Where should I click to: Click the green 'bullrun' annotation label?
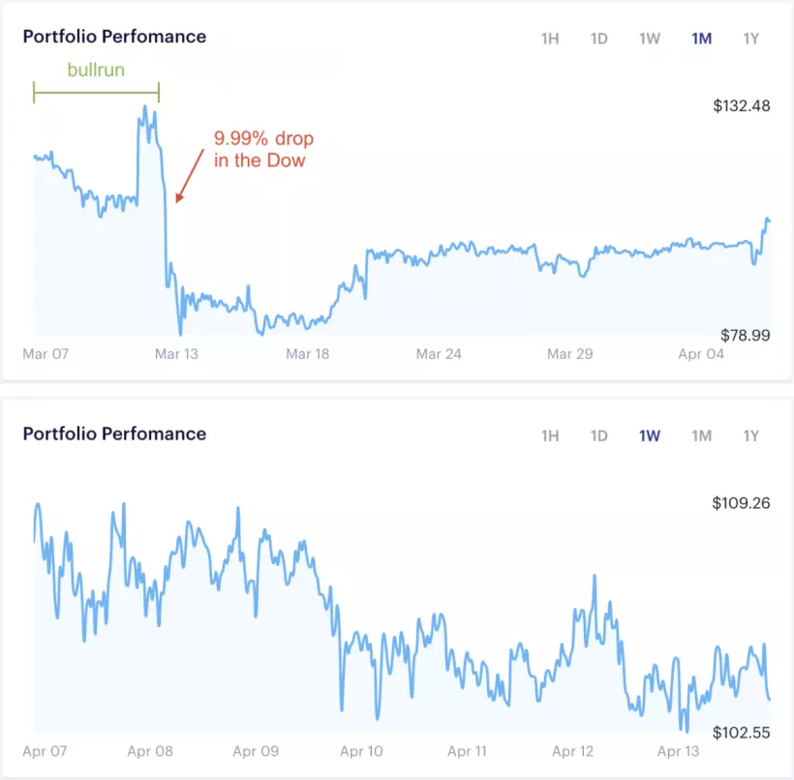tap(96, 71)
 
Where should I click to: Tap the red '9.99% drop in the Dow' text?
tap(260, 149)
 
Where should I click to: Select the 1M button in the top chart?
tap(701, 39)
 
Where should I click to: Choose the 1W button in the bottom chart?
tap(649, 435)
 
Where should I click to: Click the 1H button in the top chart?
tap(550, 39)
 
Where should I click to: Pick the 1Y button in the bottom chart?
tap(751, 435)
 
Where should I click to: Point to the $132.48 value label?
tap(741, 105)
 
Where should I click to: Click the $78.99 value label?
tap(745, 335)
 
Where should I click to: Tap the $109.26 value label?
tap(741, 503)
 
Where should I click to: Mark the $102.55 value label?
tap(741, 733)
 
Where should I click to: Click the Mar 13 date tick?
tap(176, 354)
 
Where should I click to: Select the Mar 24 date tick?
tap(439, 354)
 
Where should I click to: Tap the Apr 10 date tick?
tap(361, 751)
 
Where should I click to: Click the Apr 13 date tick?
tap(678, 751)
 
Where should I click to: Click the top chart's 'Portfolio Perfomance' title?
tap(114, 37)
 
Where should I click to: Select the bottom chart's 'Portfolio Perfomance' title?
tap(114, 434)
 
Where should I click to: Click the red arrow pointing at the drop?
tap(190, 175)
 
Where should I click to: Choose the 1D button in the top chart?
tap(599, 39)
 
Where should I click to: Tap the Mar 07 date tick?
tap(46, 354)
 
